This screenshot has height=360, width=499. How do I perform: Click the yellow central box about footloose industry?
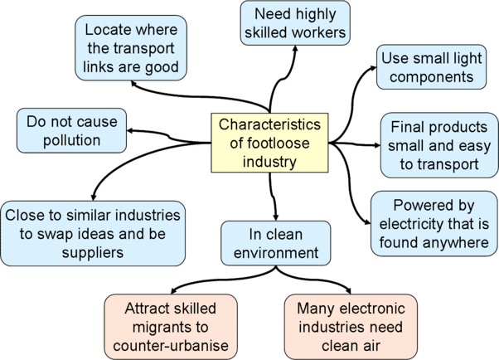(x=269, y=143)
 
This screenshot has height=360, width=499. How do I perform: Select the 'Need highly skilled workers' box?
(x=295, y=23)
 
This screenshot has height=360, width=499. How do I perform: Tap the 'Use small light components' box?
(x=431, y=67)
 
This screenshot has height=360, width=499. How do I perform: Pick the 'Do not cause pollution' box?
(x=71, y=130)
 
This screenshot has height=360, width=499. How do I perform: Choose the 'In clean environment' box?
(x=275, y=243)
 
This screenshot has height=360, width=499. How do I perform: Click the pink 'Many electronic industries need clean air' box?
(x=351, y=327)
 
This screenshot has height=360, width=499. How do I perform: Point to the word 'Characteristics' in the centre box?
(x=269, y=124)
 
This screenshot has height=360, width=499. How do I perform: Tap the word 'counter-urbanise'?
(x=171, y=346)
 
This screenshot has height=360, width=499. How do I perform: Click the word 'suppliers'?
(x=93, y=253)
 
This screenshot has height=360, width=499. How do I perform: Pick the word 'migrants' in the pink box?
(x=162, y=327)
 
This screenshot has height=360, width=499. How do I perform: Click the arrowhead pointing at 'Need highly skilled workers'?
(x=295, y=49)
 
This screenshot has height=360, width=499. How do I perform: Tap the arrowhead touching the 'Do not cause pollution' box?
(x=130, y=130)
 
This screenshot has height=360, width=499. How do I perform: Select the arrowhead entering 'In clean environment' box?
(x=275, y=217)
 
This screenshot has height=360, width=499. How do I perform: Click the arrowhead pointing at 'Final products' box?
(x=377, y=145)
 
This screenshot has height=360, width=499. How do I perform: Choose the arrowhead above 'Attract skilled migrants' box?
(x=173, y=291)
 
